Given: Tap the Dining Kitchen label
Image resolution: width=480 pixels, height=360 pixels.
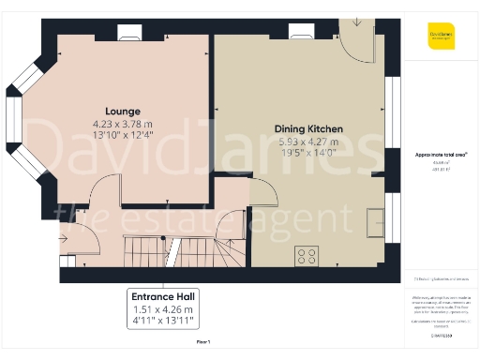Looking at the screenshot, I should (308, 127).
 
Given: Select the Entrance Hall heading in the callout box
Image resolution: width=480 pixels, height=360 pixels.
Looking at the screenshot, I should (163, 295).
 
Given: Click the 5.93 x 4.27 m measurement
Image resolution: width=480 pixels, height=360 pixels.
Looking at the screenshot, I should (308, 142).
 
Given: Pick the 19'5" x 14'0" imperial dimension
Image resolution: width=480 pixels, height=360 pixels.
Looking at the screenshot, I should (308, 154).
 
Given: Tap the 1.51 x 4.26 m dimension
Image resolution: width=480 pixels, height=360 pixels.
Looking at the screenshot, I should (163, 309).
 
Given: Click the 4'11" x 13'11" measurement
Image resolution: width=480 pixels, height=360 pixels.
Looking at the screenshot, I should (163, 322).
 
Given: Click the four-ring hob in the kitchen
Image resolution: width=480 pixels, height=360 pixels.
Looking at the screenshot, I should (306, 255).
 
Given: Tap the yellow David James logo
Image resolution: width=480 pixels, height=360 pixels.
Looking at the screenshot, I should (442, 37).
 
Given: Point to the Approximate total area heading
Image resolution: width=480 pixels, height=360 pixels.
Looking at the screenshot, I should (441, 153).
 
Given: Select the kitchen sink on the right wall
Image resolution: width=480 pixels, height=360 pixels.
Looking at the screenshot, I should (375, 220).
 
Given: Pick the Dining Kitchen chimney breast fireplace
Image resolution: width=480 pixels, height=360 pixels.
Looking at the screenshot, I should (302, 30).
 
